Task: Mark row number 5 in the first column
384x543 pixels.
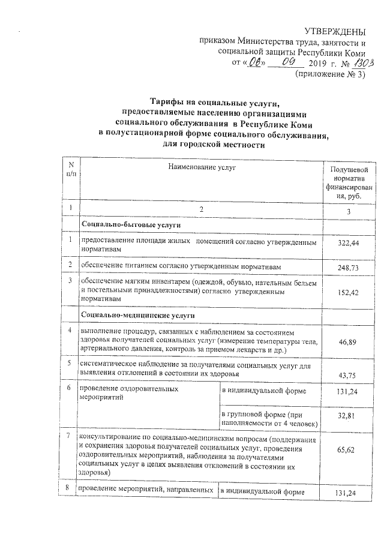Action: coord(71,363)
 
